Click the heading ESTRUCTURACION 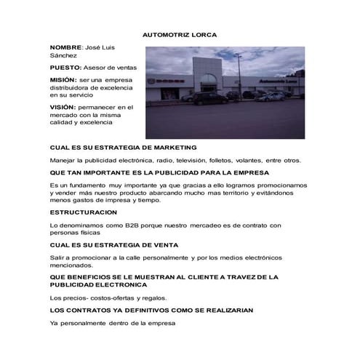(x=88, y=212)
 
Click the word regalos (x=152, y=298)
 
